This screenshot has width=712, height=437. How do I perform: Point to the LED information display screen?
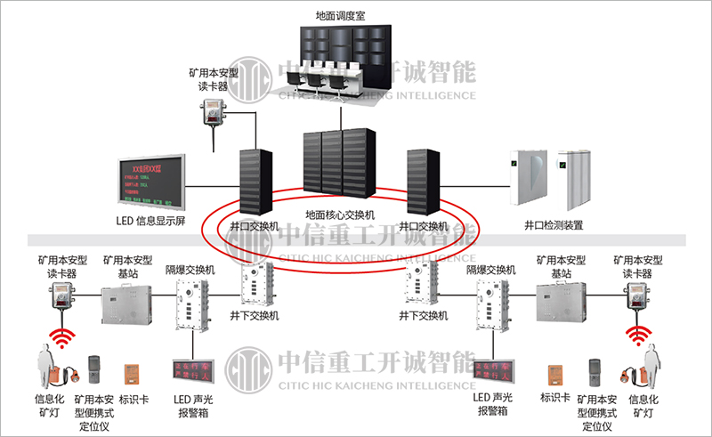(x=152, y=182)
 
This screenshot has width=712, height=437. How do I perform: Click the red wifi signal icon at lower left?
(x=62, y=336)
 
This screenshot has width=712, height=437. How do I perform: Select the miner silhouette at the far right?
(x=654, y=367)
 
